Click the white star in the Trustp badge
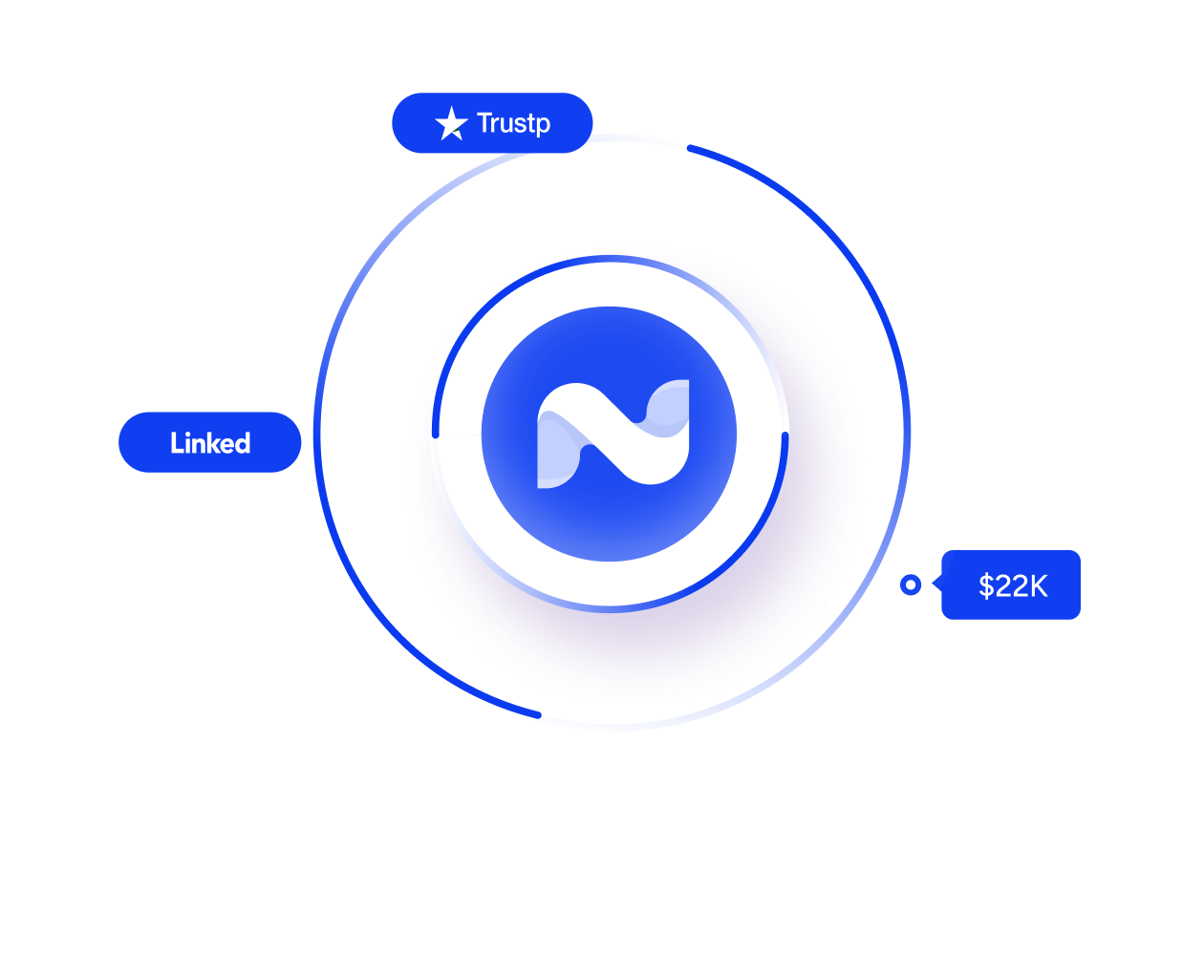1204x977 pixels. coord(451,124)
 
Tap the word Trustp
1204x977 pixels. coord(513,123)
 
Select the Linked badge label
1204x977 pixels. coord(210,443)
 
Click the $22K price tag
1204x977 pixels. coord(1011,585)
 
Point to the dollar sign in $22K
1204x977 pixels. coord(986,586)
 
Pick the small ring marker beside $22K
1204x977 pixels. coord(911,584)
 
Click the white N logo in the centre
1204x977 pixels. coord(613,434)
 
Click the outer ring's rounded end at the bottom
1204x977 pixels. coord(538,714)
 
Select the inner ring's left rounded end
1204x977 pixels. coord(436,435)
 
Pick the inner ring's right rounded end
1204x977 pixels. coord(785,435)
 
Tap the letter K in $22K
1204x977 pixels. coord(1037,586)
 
